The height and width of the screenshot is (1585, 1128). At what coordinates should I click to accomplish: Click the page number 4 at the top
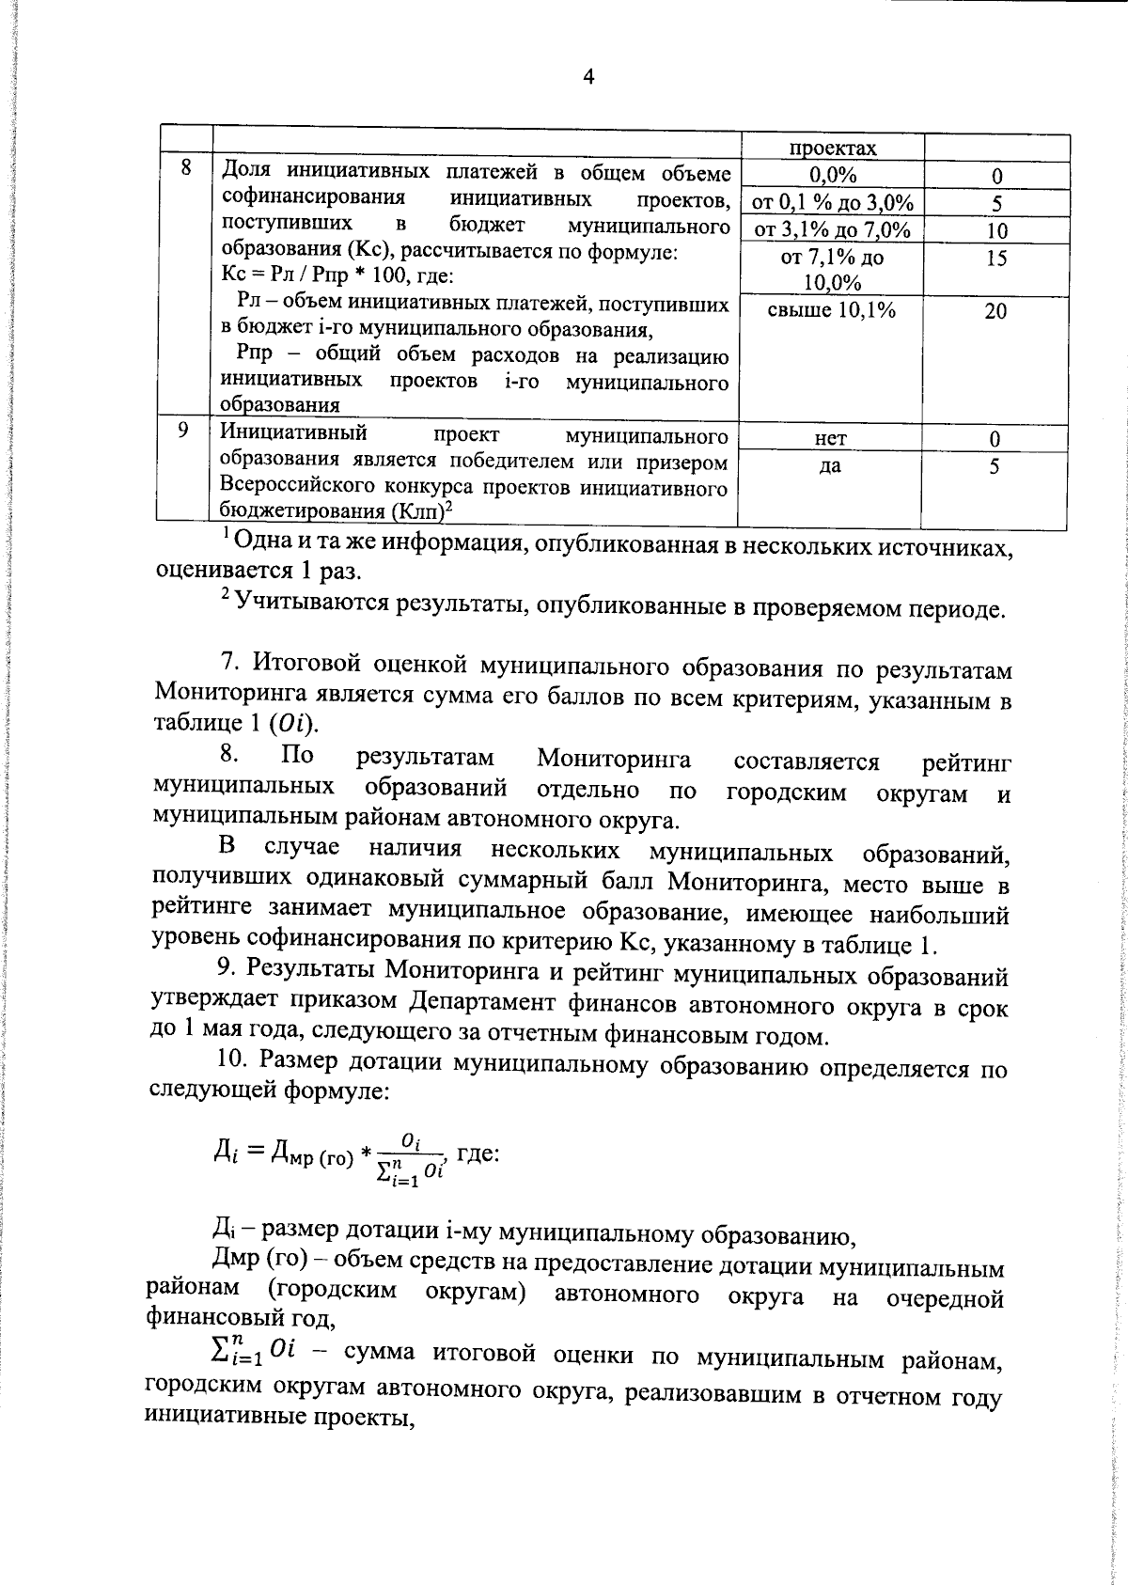point(588,78)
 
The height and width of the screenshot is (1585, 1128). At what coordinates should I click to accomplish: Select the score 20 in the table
point(996,311)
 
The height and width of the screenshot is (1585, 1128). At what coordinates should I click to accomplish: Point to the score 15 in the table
point(996,258)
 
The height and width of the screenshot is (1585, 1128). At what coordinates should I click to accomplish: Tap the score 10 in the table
point(996,231)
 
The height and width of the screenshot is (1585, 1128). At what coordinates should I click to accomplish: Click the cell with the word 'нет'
point(831,438)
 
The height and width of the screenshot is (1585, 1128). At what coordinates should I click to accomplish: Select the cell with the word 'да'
point(830,466)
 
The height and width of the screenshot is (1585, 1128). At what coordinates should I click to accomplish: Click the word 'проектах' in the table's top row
point(833,149)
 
